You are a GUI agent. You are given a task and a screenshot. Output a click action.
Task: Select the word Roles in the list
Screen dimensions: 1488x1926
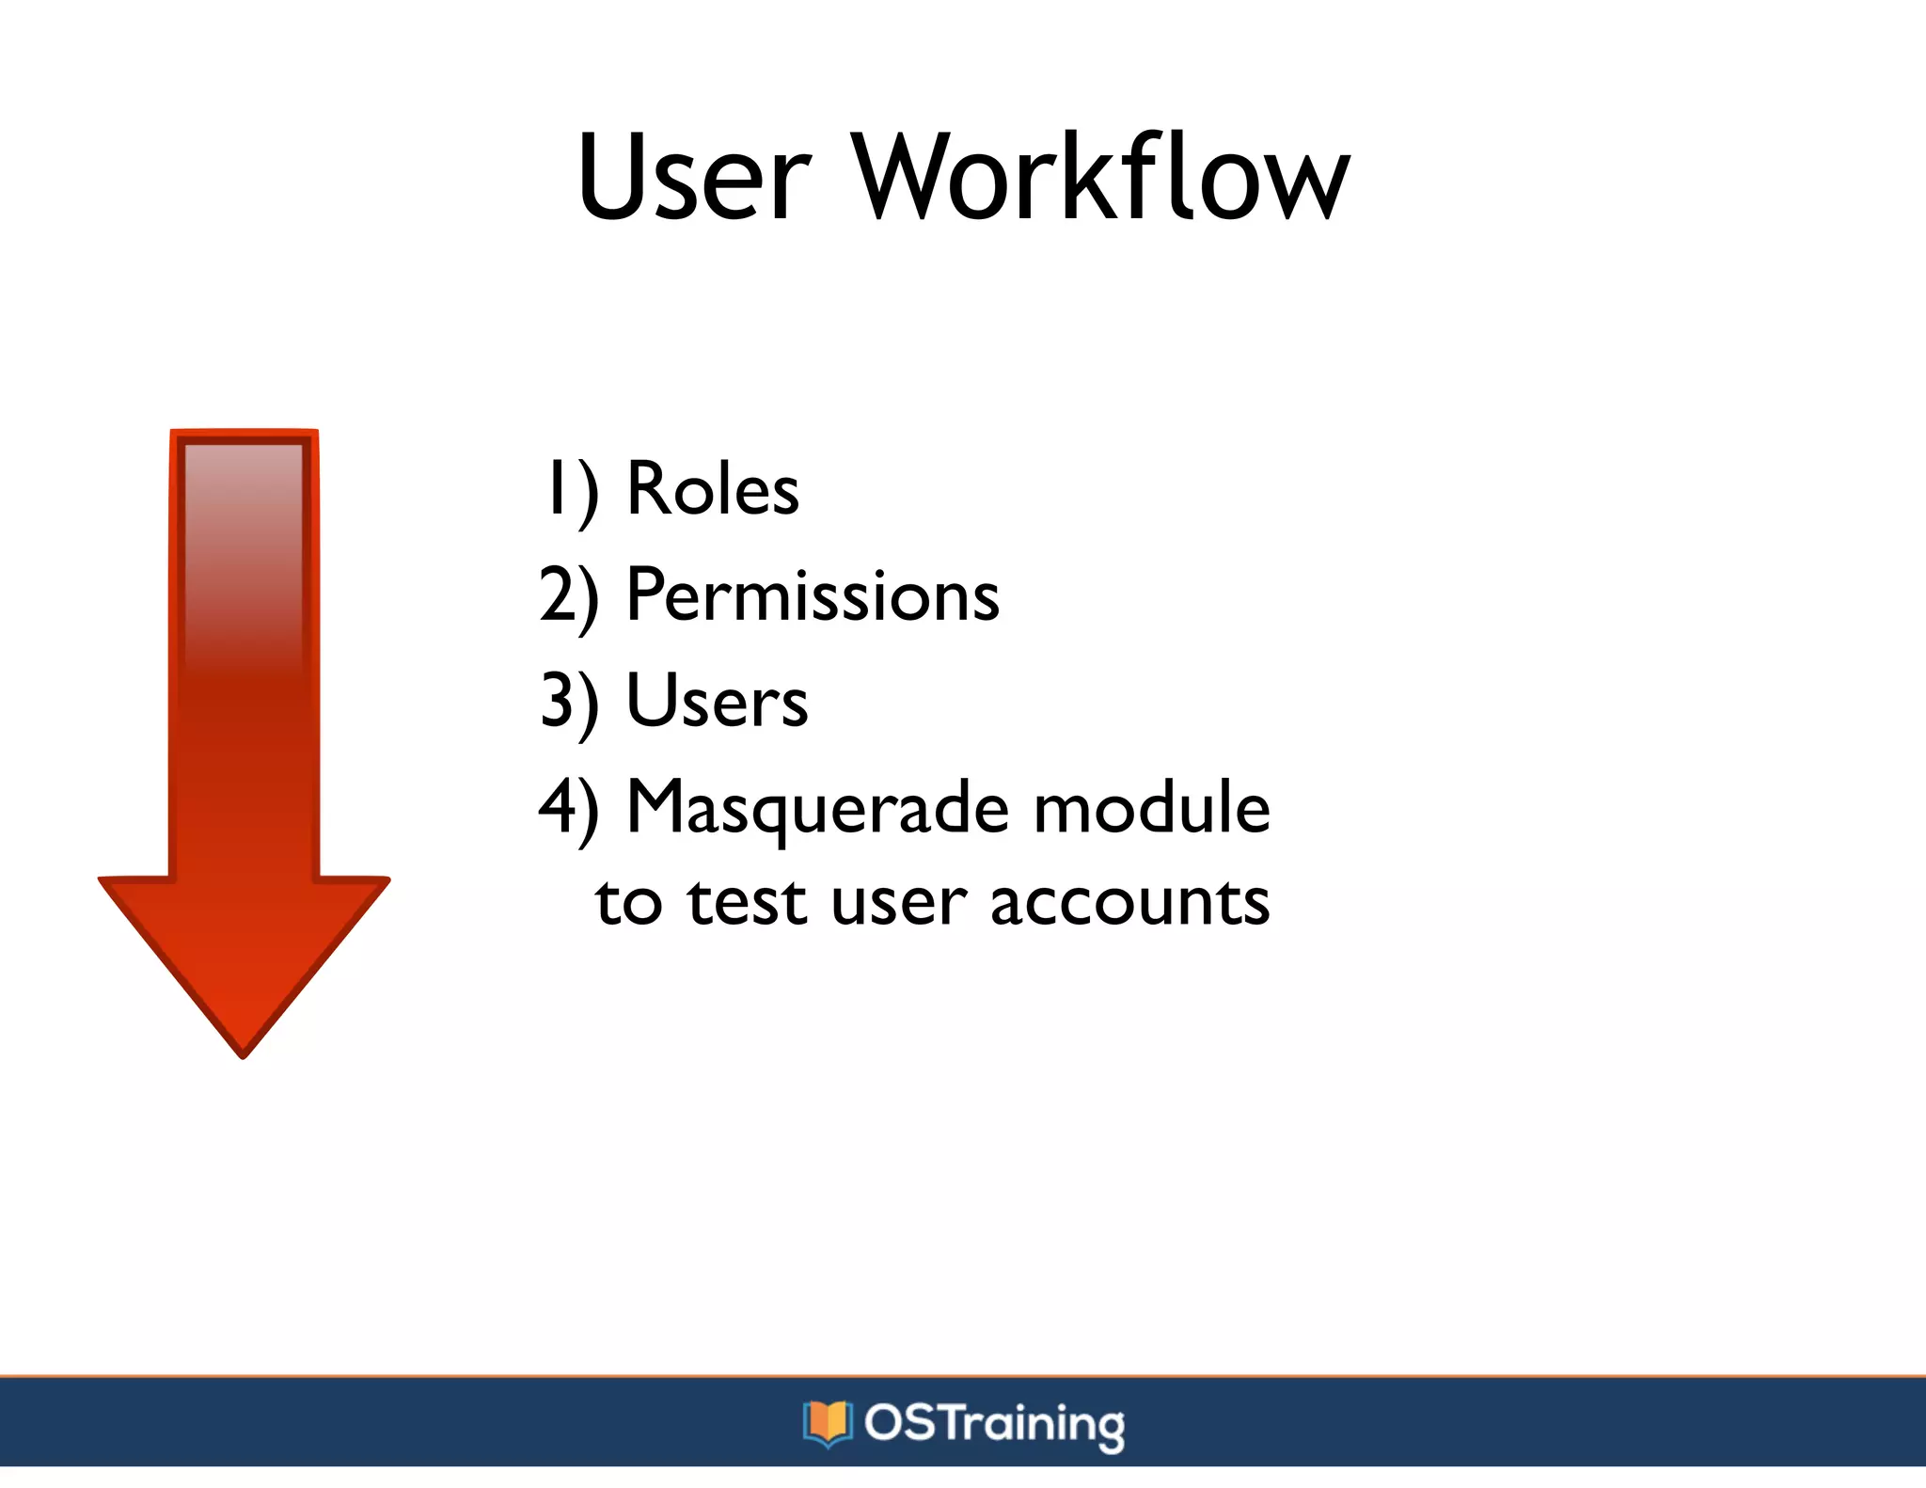pyautogui.click(x=712, y=489)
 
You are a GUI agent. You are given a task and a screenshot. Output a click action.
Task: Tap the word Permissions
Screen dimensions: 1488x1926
pyautogui.click(x=813, y=596)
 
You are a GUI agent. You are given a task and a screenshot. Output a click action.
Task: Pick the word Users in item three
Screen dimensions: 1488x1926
pyautogui.click(x=717, y=702)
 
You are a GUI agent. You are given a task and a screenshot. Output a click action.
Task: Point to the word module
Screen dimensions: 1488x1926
pyautogui.click(x=1151, y=809)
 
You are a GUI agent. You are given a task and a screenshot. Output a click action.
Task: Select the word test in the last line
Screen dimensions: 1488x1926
pyautogui.click(x=747, y=903)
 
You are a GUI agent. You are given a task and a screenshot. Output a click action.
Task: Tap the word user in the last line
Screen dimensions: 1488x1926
pyautogui.click(x=898, y=903)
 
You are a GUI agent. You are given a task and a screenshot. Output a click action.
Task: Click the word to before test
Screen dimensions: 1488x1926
pyautogui.click(x=628, y=903)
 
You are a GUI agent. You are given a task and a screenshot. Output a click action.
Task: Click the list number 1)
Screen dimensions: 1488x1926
pyautogui.click(x=570, y=491)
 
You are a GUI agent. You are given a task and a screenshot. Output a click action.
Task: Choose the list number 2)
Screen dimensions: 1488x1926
pyautogui.click(x=569, y=597)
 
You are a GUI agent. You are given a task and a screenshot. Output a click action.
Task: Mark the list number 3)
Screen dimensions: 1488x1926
pyautogui.click(x=569, y=703)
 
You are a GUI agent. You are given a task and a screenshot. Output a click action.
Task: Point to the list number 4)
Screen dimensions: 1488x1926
pyautogui.click(x=569, y=809)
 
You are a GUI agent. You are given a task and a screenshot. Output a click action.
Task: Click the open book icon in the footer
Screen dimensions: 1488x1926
pyautogui.click(x=827, y=1423)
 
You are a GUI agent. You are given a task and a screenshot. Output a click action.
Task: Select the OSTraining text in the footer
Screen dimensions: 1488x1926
pyautogui.click(x=994, y=1424)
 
